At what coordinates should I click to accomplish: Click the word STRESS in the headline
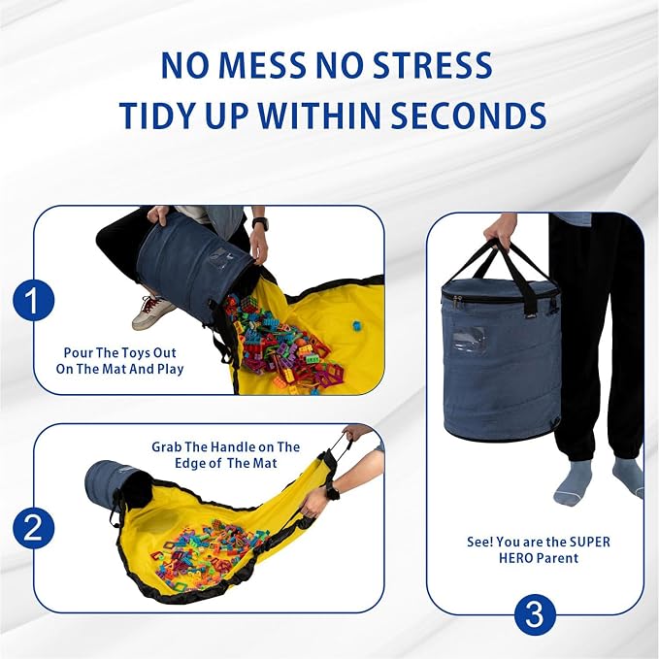[x=433, y=66]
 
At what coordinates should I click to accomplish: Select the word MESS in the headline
[x=262, y=66]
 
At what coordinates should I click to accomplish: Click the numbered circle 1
[x=34, y=301]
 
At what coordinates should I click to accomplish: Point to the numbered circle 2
[x=34, y=527]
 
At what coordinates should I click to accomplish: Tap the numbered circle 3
[x=535, y=615]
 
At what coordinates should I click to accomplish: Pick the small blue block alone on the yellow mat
[x=356, y=325]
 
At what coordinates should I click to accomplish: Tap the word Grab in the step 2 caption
[x=167, y=446]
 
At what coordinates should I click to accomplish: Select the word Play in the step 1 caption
[x=171, y=370]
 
